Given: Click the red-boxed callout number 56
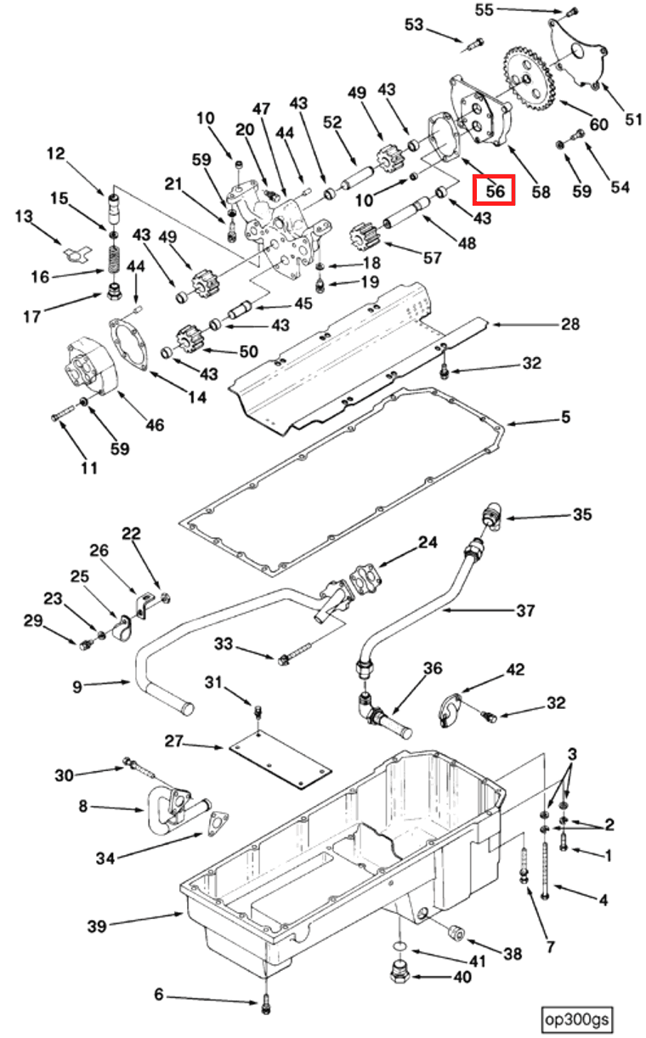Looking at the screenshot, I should click(x=495, y=191).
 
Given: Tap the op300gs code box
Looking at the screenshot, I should click(x=578, y=1018).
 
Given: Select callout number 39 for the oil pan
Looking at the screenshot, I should click(x=98, y=926).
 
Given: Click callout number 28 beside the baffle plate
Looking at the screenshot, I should click(x=569, y=324).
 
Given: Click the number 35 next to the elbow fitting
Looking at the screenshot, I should click(x=581, y=515).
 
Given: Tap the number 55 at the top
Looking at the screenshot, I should click(x=484, y=10).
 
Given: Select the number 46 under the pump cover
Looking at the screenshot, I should click(x=155, y=424).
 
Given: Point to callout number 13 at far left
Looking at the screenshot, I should click(x=24, y=218).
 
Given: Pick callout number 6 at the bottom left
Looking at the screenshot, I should click(x=159, y=995).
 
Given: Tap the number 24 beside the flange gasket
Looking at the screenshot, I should click(x=428, y=542).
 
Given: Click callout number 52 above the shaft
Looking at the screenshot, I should click(x=331, y=123).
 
